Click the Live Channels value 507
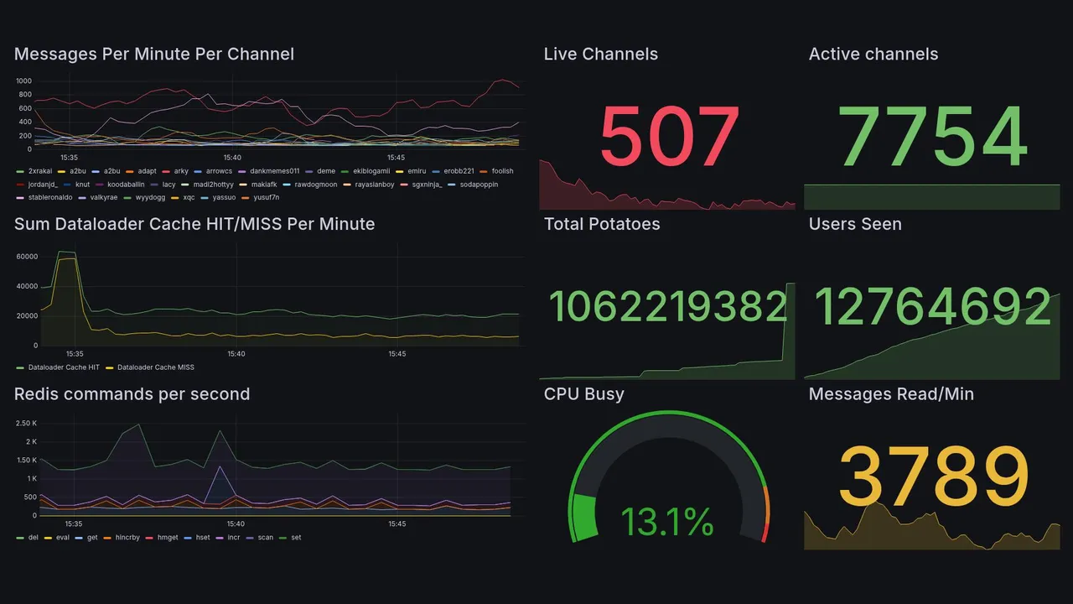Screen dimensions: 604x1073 click(x=669, y=136)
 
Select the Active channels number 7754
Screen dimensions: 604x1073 click(x=933, y=136)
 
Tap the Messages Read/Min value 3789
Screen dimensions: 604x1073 click(x=933, y=476)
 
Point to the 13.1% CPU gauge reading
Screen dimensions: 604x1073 click(x=667, y=523)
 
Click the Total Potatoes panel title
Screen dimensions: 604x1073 click(x=602, y=224)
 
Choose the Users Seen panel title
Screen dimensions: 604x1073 click(x=855, y=224)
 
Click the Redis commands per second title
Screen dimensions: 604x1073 click(x=132, y=394)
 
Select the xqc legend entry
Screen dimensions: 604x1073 click(x=189, y=198)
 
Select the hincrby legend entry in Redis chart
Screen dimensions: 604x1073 click(x=127, y=538)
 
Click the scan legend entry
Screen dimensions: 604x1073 click(x=265, y=538)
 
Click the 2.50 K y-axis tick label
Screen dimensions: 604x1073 click(x=26, y=424)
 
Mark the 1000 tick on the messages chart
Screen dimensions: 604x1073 click(x=23, y=81)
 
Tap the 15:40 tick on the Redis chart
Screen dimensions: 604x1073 click(x=235, y=524)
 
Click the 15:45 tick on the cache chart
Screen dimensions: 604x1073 click(x=397, y=354)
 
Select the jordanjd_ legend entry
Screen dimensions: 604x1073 click(x=43, y=185)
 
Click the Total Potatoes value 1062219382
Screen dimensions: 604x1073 click(x=667, y=306)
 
